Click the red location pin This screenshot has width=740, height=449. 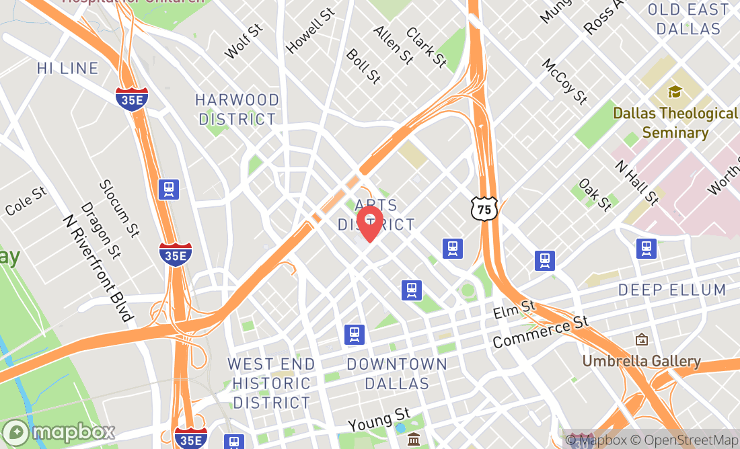(369, 222)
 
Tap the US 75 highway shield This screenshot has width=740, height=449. (484, 208)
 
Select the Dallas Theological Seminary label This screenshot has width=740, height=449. (675, 123)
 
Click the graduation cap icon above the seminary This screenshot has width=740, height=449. (674, 91)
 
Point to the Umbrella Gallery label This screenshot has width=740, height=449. (641, 361)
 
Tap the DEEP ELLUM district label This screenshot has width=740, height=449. (672, 290)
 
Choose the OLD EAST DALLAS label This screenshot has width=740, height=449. (688, 19)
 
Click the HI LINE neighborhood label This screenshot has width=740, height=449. (68, 69)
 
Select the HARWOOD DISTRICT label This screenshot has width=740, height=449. (237, 110)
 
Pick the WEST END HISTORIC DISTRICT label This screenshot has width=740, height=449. (271, 383)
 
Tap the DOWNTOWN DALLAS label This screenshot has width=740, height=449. (397, 374)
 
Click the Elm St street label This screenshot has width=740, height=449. (514, 309)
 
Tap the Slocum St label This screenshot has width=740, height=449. (118, 208)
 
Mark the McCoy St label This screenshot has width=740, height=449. (565, 81)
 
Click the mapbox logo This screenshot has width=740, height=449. (59, 431)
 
